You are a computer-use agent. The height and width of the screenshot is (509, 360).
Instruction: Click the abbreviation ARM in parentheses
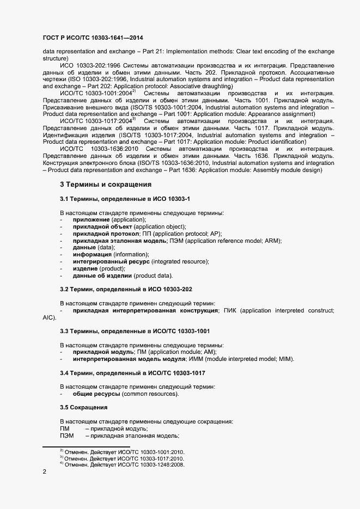(x=272, y=241)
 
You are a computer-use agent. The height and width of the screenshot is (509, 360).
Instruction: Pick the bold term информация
(x=92, y=255)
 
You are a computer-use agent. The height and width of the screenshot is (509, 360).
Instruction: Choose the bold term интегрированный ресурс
(x=111, y=262)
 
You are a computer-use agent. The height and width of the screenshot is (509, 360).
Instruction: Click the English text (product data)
(x=153, y=276)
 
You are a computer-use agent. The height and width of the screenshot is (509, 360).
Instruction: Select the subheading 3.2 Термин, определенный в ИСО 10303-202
(x=125, y=289)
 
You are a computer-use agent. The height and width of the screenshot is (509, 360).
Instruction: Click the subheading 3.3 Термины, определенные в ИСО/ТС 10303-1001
(x=135, y=331)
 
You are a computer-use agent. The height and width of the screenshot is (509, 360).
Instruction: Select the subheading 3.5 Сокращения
(x=83, y=407)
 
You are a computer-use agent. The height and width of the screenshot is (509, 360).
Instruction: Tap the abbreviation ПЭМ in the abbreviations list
(x=66, y=436)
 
